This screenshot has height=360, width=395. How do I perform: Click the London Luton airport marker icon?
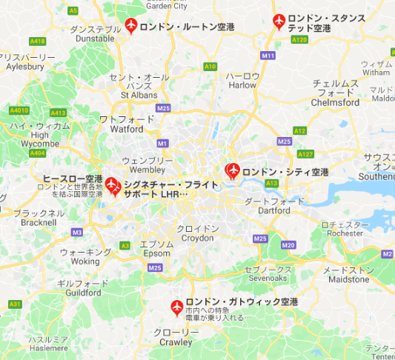pyautogui.click(x=131, y=25)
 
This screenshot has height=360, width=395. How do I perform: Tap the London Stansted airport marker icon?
pyautogui.click(x=279, y=21)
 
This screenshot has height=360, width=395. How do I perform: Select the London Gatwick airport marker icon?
pyautogui.click(x=176, y=307)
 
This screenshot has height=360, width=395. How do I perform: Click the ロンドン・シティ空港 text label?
pyautogui.click(x=285, y=172)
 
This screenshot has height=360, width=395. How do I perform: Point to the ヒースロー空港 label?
pyautogui.click(x=72, y=179)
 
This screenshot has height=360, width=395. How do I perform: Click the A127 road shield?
pyautogui.click(x=305, y=154)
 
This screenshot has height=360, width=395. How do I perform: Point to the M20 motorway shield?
pyautogui.click(x=288, y=245)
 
